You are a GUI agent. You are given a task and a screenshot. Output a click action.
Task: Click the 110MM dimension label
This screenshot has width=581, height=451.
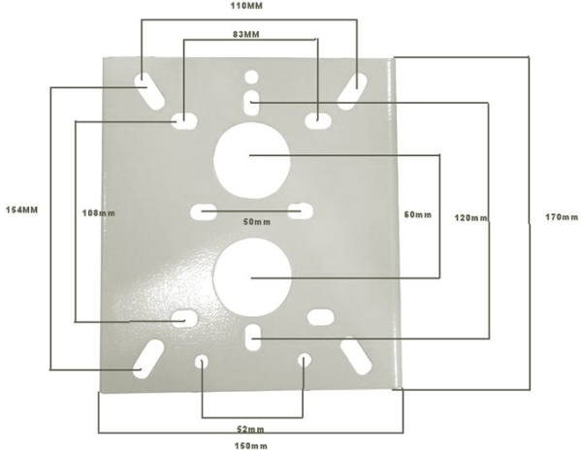(x=246, y=6)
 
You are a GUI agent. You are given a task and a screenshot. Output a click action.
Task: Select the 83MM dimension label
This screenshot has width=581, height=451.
(x=246, y=34)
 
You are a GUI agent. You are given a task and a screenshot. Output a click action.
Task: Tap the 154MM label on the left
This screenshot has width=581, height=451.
(x=22, y=209)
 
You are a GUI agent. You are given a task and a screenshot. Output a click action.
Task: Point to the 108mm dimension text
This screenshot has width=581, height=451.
(x=99, y=213)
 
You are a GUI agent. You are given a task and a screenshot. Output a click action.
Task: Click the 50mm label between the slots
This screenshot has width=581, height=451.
(x=257, y=221)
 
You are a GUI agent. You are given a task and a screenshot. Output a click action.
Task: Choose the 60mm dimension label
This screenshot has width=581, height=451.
(x=418, y=214)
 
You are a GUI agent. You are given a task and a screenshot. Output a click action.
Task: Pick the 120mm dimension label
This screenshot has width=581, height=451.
(x=471, y=218)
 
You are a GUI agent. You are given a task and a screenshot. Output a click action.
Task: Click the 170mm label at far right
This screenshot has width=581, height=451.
(x=562, y=217)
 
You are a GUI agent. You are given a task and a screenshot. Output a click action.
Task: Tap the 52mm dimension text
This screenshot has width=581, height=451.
(x=250, y=430)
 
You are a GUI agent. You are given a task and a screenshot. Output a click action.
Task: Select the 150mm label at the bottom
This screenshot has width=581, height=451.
(x=251, y=445)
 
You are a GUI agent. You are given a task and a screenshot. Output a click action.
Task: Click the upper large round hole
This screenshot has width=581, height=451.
(x=251, y=160)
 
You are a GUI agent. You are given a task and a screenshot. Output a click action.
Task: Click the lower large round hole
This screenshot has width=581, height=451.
(x=252, y=277)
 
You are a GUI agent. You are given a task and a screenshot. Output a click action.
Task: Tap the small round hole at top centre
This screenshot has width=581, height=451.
(x=251, y=77)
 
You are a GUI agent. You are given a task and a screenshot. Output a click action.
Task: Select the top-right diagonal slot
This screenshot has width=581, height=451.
(x=352, y=91)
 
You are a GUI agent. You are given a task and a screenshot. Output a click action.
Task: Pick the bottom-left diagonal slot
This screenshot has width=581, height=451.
(x=148, y=359)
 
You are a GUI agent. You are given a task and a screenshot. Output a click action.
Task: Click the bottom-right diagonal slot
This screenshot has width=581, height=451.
(x=356, y=356)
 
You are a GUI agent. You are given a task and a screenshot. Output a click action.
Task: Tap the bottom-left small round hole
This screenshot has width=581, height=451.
(x=202, y=362)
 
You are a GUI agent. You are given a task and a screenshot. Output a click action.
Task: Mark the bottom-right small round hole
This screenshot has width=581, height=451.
(x=305, y=360)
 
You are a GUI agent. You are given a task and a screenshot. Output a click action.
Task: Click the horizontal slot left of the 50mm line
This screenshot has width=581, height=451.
(x=203, y=212)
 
